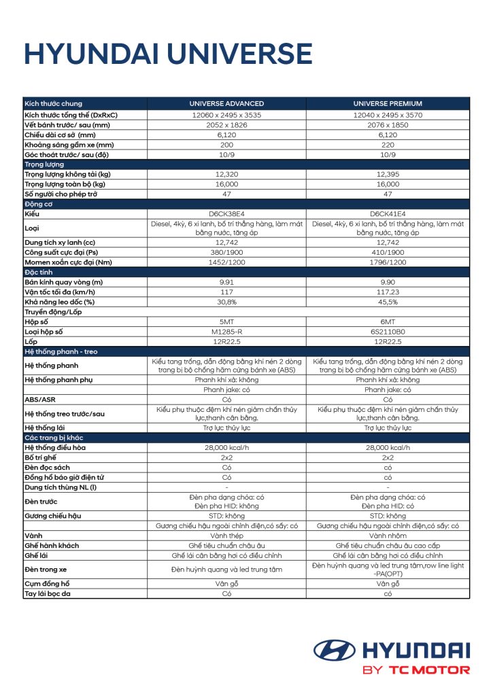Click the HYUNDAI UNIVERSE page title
[x=168, y=54]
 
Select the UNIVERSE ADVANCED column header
[x=226, y=103]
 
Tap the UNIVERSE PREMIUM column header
[x=388, y=103]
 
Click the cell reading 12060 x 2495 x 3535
[x=226, y=115]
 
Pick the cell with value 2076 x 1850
[x=388, y=125]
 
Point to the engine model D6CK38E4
[x=226, y=213]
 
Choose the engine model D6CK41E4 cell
[x=388, y=213]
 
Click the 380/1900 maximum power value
[x=226, y=252]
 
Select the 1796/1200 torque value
[x=388, y=262]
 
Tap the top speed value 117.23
[x=388, y=292]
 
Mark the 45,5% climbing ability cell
[x=388, y=302]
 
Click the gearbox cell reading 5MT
[x=226, y=321]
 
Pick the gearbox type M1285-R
[x=226, y=331]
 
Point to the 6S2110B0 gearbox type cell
[x=388, y=331]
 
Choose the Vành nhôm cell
[x=388, y=536]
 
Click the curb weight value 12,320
[x=226, y=174]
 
